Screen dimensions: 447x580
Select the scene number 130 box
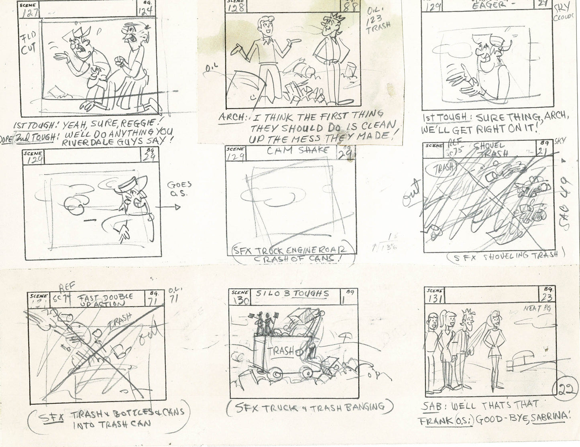pyautogui.click(x=240, y=298)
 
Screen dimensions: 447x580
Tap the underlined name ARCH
pyautogui.click(x=232, y=118)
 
